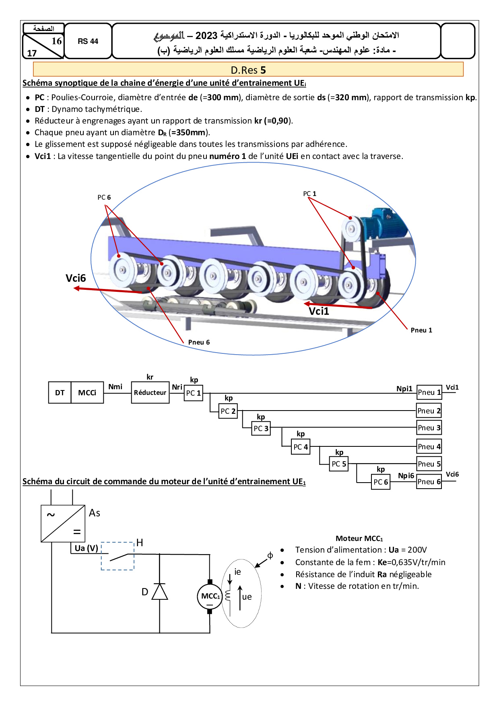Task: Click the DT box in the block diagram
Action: tap(60, 392)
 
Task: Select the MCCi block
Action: tap(87, 392)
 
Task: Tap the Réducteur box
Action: tap(150, 392)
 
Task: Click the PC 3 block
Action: tap(261, 429)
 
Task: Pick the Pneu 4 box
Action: tap(429, 446)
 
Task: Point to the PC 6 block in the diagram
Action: tap(381, 482)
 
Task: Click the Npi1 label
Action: tap(404, 388)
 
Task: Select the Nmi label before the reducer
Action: tap(115, 387)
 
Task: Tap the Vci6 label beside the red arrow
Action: tap(76, 278)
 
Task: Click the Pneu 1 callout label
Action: tap(421, 330)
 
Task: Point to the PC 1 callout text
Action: tap(309, 194)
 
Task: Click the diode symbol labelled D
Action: tap(160, 592)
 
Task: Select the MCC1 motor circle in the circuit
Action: tap(210, 596)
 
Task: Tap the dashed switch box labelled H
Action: tap(118, 556)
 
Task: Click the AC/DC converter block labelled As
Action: tap(63, 524)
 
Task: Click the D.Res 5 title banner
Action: tap(248, 70)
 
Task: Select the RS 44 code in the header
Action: tap(88, 41)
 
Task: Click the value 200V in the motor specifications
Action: tap(417, 550)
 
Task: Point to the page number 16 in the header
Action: tap(57, 41)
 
